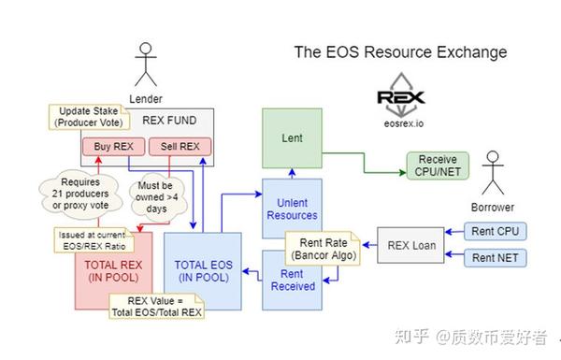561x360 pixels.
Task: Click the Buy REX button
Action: tap(113, 147)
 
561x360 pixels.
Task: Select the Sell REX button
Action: tap(180, 147)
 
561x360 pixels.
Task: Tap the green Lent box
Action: tap(291, 138)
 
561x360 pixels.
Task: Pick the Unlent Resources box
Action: tap(291, 208)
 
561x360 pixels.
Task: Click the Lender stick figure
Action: tap(145, 67)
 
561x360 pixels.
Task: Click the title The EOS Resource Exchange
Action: tap(400, 52)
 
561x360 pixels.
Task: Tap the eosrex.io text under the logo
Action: tap(401, 121)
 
